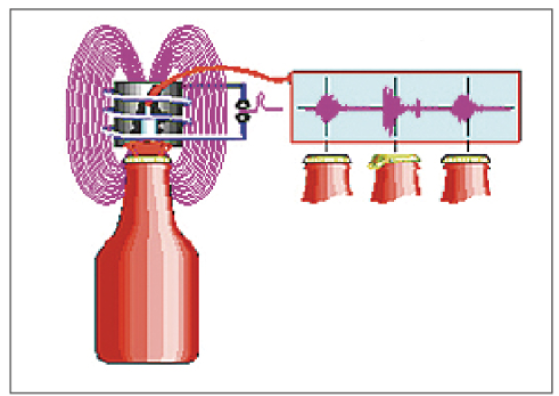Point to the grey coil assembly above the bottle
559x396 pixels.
tap(147, 114)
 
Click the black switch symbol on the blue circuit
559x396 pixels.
tap(241, 110)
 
